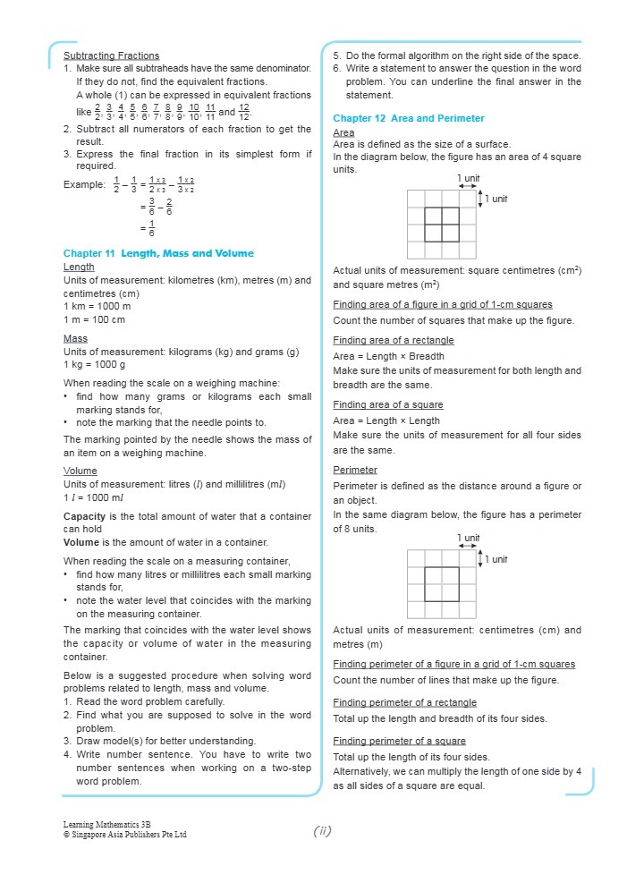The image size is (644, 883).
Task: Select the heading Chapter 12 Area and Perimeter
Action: pos(408,118)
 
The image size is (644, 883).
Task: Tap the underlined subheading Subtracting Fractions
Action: pos(112,55)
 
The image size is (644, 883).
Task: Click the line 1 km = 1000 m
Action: pos(97,306)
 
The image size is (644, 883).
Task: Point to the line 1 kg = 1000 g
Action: pos(94,365)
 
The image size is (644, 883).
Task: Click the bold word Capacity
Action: pos(87,516)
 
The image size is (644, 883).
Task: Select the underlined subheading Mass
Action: pos(75,339)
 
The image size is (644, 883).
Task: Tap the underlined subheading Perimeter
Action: pos(355,470)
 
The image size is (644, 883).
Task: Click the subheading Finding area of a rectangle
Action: pos(393,340)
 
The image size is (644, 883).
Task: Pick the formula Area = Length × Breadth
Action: pos(388,356)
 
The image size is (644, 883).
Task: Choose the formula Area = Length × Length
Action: pos(386,420)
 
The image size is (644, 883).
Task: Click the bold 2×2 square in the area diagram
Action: pos(442,225)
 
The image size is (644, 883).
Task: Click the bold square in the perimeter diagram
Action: pos(442,583)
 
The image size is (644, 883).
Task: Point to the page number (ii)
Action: pos(323,831)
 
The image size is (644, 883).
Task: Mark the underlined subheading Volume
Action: pos(80,471)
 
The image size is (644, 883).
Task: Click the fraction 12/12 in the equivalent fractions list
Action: pos(244,112)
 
